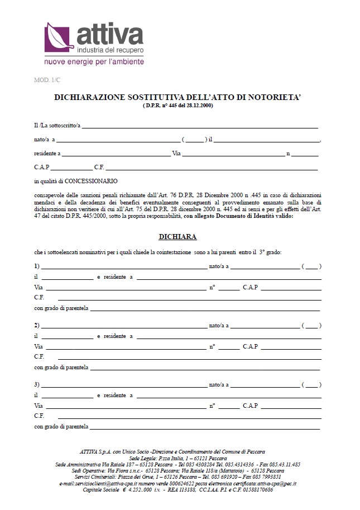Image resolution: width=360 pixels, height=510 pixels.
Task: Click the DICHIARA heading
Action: tap(177, 237)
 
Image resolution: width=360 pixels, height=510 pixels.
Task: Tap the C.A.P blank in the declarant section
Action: tap(71, 168)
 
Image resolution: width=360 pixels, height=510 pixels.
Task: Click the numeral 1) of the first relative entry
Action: tap(37, 265)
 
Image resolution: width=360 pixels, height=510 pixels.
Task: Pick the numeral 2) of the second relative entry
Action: tap(37, 325)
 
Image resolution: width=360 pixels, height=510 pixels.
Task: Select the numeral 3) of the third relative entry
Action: tap(37, 385)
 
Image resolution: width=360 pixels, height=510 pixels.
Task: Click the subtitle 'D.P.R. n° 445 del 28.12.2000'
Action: tap(177, 105)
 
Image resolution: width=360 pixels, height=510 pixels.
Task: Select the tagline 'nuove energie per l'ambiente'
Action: tap(94, 61)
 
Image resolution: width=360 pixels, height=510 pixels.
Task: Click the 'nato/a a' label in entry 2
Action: tap(219, 325)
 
